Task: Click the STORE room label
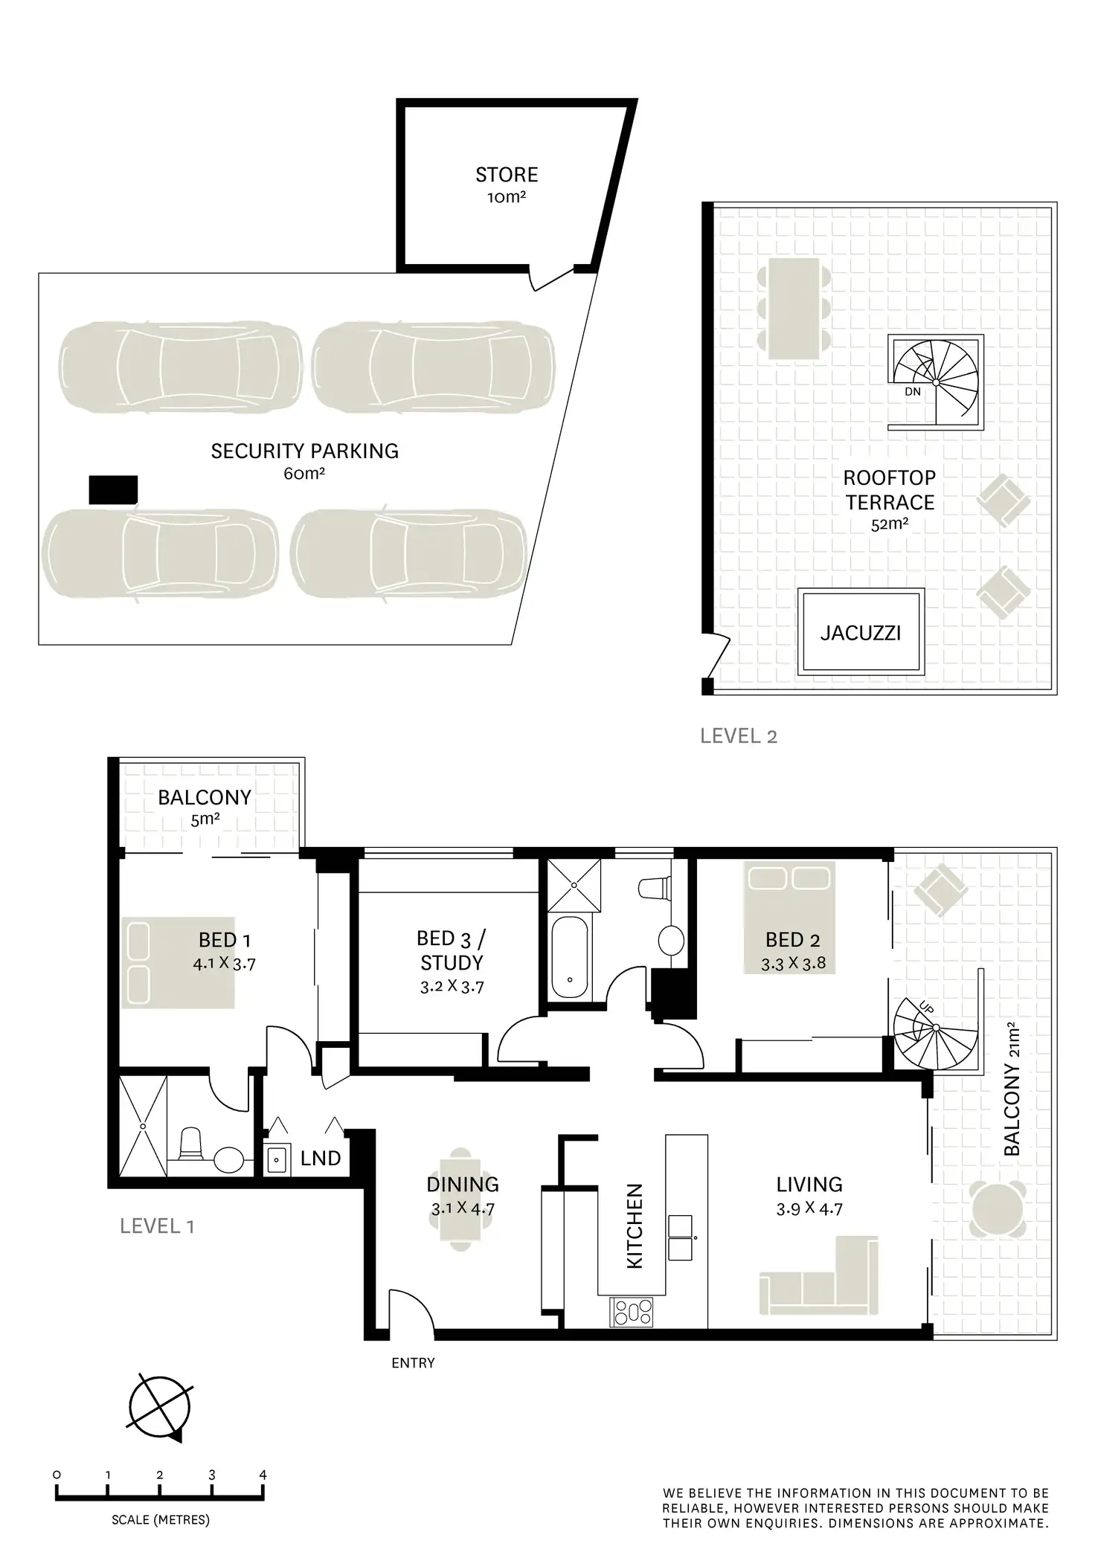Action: pyautogui.click(x=507, y=175)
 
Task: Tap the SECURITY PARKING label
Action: pyautogui.click(x=304, y=451)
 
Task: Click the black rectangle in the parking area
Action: pyautogui.click(x=113, y=490)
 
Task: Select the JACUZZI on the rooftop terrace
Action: pyautogui.click(x=861, y=633)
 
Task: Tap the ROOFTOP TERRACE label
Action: pyautogui.click(x=890, y=490)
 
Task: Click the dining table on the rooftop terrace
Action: pyautogui.click(x=794, y=309)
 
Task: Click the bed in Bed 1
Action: pyautogui.click(x=178, y=962)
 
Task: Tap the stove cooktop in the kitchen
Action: pyautogui.click(x=632, y=1312)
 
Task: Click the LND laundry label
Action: pyautogui.click(x=321, y=1159)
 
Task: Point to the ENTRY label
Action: pyautogui.click(x=413, y=1363)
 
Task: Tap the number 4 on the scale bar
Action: pyautogui.click(x=263, y=1475)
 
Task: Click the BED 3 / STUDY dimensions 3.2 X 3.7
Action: pyautogui.click(x=452, y=987)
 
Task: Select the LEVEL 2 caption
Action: pyautogui.click(x=739, y=736)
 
